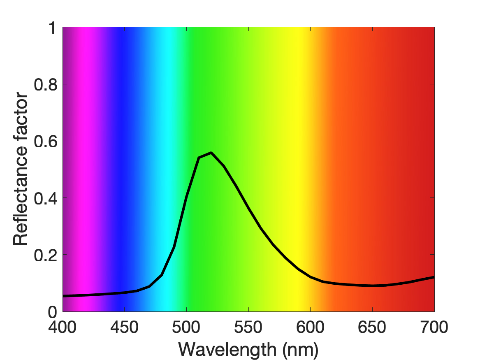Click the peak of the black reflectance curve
(211, 153)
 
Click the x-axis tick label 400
(63, 327)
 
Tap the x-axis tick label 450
(124, 327)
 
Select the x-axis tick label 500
(186, 327)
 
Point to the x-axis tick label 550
(248, 327)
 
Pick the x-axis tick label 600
(310, 327)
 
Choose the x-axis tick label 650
(372, 327)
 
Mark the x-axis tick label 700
(434, 327)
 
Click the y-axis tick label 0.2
(46, 255)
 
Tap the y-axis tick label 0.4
(46, 198)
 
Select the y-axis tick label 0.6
(46, 141)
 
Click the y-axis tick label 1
(53, 28)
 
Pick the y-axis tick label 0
(53, 312)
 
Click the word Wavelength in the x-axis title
(227, 349)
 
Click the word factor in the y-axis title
(21, 116)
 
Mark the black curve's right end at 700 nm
(434, 277)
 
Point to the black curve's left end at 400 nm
(63, 296)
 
